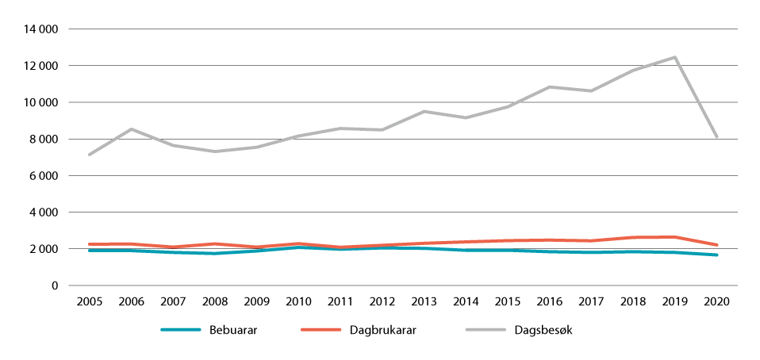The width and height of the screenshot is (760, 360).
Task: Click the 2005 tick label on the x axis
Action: click(89, 302)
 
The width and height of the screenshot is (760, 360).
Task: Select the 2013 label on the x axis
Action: click(423, 302)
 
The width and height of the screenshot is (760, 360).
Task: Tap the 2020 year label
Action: click(716, 302)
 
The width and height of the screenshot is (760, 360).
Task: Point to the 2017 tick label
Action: click(591, 302)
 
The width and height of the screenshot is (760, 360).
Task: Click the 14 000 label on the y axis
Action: click(42, 29)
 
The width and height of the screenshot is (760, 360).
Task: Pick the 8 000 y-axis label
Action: click(45, 140)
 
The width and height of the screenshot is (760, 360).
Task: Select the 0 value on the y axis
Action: click(56, 285)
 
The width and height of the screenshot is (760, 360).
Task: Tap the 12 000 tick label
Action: click(42, 66)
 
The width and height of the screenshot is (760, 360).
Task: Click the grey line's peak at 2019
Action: click(675, 57)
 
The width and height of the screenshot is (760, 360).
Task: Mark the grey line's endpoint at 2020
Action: click(717, 137)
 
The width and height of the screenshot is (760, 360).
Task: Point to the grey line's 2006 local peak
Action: click(131, 129)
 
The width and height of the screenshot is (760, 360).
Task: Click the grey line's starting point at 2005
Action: click(89, 155)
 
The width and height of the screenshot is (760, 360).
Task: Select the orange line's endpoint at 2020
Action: click(717, 245)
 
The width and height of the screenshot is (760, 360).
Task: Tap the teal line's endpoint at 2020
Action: click(717, 255)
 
